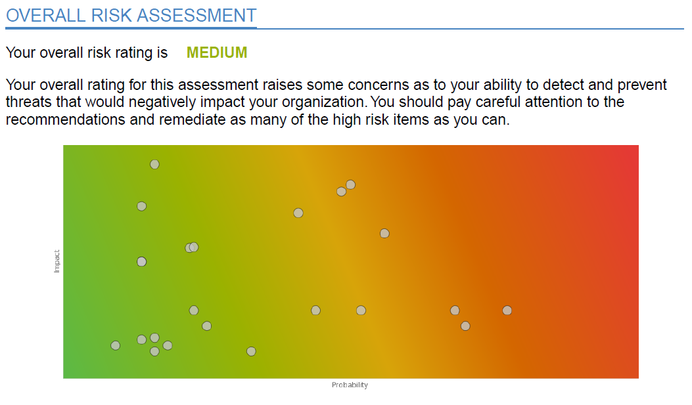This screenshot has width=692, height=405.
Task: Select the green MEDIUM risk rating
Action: tap(217, 53)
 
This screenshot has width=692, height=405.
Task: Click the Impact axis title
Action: tap(57, 261)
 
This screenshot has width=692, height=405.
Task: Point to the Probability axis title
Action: tap(350, 385)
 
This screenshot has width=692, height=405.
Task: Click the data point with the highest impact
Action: tap(154, 164)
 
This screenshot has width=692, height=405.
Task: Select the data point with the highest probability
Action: tap(507, 310)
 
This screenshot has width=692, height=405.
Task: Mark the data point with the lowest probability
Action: tap(116, 345)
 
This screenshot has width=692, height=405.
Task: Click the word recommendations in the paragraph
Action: tap(63, 121)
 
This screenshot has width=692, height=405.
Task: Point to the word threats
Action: tap(30, 103)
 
